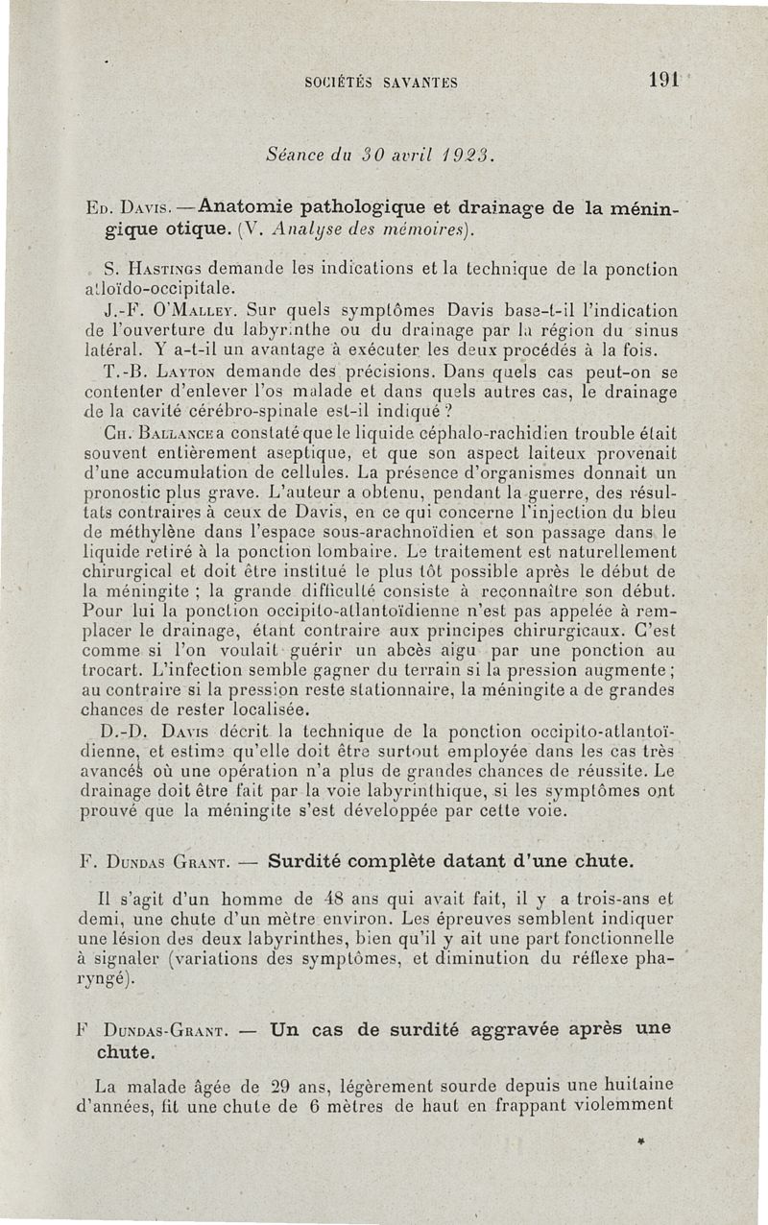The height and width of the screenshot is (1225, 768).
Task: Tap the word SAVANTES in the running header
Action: pyautogui.click(x=420, y=82)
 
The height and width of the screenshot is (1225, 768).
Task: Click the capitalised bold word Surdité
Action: pyautogui.click(x=306, y=857)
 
